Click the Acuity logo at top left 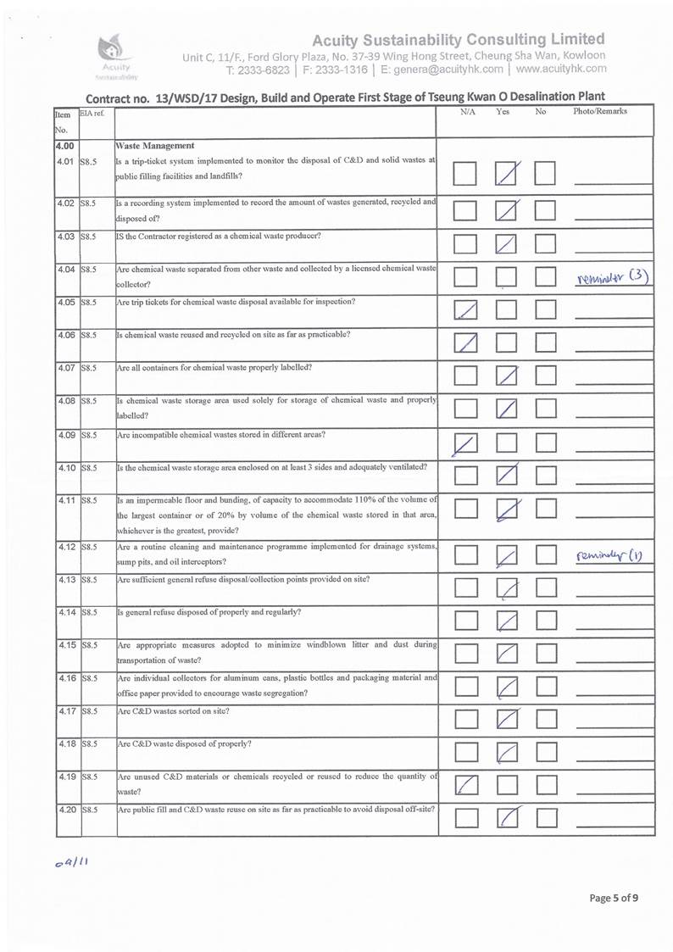coord(113,53)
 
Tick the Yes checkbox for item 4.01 coord(507,175)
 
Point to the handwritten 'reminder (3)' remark coord(611,276)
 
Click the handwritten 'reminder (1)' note coord(612,555)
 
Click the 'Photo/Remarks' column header coord(599,112)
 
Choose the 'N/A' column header coord(468,112)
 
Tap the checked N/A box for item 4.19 coord(464,785)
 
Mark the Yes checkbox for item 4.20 coord(507,819)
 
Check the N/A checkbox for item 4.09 coord(464,443)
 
